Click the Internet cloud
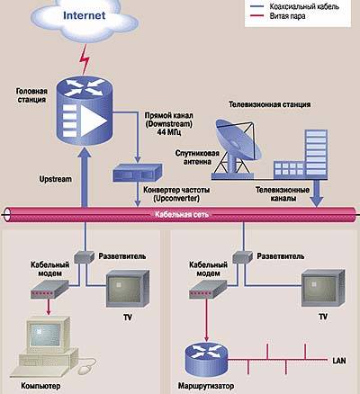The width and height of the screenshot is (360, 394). point(85,19)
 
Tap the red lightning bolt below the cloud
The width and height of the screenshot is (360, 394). point(85,59)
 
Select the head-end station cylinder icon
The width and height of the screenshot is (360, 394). point(85,111)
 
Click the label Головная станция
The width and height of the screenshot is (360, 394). point(31,95)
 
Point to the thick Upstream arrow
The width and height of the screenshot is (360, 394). point(85,177)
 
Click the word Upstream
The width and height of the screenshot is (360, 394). point(56,179)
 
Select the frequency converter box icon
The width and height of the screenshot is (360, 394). point(138,173)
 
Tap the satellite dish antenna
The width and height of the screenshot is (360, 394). point(237,147)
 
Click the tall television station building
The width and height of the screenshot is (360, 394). point(316,154)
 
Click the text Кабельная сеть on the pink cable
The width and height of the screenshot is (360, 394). point(182,215)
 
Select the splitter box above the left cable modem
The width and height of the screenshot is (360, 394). point(84,257)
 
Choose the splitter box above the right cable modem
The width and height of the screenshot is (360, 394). point(242,257)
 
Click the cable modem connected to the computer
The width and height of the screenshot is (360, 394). point(49,290)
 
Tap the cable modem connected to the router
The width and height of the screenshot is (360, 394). point(208,290)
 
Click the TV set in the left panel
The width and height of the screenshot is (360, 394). point(128,289)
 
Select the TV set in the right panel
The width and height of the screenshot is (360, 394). point(323,288)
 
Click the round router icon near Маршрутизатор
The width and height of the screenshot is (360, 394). point(206,359)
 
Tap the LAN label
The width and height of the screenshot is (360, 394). point(339,361)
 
